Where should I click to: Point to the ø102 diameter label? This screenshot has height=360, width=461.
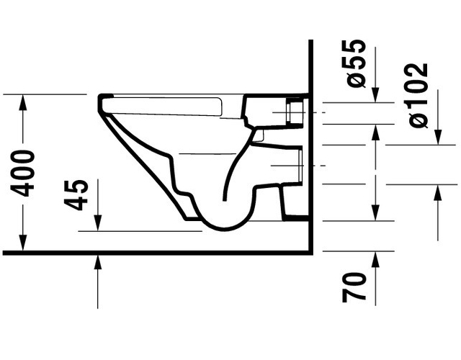pyautogui.click(x=419, y=95)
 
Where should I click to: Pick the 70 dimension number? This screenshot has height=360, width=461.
pyautogui.click(x=355, y=286)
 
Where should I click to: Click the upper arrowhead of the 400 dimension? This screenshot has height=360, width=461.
pyautogui.click(x=24, y=101)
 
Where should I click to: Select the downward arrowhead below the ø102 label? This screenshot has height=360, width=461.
pyautogui.click(x=438, y=138)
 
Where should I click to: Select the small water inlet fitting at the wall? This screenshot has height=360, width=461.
pyautogui.click(x=295, y=112)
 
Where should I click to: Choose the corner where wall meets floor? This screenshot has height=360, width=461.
pyautogui.click(x=309, y=252)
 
